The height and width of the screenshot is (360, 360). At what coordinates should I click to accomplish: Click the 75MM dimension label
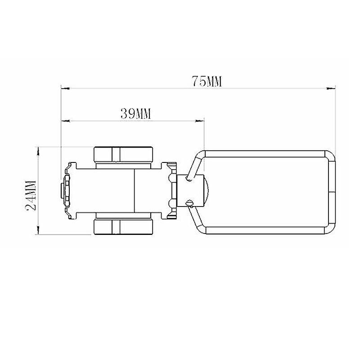click(x=207, y=81)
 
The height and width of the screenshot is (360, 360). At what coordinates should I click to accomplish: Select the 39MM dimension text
click(x=135, y=114)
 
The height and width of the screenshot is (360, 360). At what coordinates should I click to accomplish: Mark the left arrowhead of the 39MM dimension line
click(x=64, y=121)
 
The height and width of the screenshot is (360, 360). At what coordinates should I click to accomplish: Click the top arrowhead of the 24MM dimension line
click(x=38, y=149)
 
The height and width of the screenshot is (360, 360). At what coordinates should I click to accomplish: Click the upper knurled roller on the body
click(x=124, y=154)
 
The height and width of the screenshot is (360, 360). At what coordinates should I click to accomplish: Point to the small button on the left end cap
click(x=62, y=190)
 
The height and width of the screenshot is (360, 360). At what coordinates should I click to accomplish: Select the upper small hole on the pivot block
click(x=189, y=179)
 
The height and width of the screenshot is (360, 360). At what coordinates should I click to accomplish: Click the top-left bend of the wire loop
click(x=199, y=154)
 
